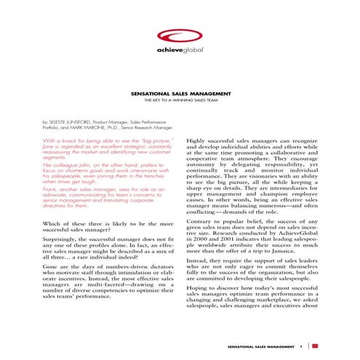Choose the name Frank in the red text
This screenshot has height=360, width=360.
(x=50, y=191)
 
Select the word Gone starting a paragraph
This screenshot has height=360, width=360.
(x=52, y=268)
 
